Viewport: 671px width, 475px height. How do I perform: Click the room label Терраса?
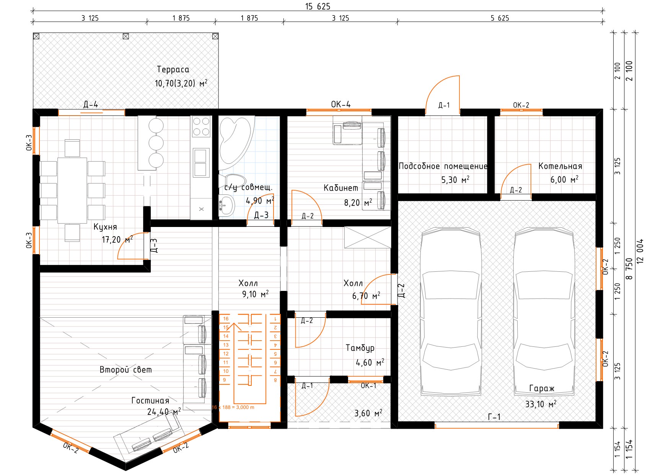(x=173, y=70)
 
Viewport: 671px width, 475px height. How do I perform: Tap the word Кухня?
(x=105, y=227)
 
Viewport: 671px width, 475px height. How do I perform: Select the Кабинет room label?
(x=341, y=188)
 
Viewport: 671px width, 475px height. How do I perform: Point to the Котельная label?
(x=560, y=166)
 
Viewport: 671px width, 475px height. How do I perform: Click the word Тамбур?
(x=360, y=348)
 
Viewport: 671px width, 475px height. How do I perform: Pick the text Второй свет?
(x=125, y=370)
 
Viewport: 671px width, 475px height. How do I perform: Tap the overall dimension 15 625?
(x=318, y=7)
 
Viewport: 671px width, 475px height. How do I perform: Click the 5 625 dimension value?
(x=500, y=18)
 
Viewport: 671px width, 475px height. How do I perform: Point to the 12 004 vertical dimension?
(x=640, y=251)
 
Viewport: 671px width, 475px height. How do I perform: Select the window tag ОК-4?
(x=340, y=104)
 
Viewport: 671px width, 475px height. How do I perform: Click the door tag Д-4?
(x=91, y=104)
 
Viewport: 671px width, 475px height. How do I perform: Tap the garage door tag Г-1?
(x=494, y=417)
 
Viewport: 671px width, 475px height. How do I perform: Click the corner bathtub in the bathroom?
(x=235, y=142)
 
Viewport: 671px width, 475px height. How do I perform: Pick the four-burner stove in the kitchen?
(x=201, y=126)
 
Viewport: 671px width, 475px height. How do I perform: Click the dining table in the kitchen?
(x=72, y=190)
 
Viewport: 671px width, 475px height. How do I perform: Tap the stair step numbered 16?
(x=226, y=319)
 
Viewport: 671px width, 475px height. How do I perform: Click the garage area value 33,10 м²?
(x=541, y=404)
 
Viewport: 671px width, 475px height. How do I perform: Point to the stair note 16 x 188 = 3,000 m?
(x=233, y=407)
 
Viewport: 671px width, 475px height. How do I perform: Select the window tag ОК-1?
(x=368, y=386)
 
